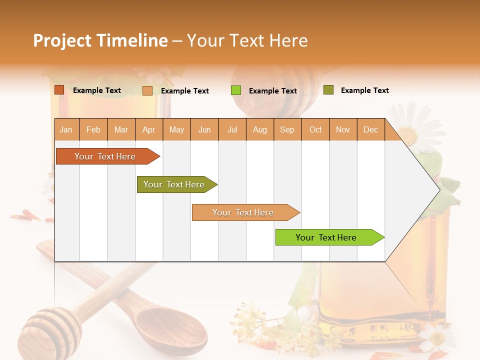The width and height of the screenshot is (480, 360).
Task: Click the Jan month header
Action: point(66,129)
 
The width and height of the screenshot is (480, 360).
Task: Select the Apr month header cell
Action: point(148,129)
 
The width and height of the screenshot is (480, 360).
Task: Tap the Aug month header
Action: point(259,129)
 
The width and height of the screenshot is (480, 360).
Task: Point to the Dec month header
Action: point(370,129)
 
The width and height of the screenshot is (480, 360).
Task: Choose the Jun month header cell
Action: point(204,129)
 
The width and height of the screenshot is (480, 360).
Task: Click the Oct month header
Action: point(315,129)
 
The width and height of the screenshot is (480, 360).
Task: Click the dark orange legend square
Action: point(59,90)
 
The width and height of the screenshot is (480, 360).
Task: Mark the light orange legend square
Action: point(147,90)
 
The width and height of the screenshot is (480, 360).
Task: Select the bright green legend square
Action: point(235,90)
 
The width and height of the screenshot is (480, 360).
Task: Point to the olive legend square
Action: point(328,90)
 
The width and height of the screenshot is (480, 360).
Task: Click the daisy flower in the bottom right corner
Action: point(436,337)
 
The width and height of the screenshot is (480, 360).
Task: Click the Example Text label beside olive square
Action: point(364,90)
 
